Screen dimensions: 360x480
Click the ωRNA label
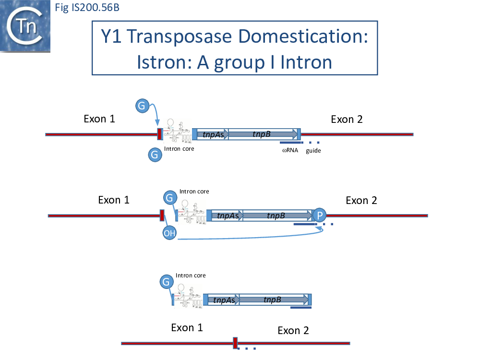tap(290, 150)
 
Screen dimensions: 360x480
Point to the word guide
tap(313, 151)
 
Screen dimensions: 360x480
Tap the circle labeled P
tap(319, 215)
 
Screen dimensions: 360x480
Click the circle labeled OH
tap(169, 233)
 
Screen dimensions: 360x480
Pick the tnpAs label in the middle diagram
tap(228, 216)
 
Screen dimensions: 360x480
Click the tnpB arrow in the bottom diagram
tap(274, 300)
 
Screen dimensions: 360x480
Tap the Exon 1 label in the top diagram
tap(99, 119)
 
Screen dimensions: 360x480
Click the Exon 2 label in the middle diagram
tap(361, 200)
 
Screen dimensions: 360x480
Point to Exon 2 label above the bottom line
tap(293, 330)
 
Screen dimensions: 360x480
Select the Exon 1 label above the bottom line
tap(187, 327)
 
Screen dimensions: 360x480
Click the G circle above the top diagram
tap(142, 106)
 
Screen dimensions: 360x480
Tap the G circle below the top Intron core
tap(154, 155)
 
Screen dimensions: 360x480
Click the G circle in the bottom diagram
tap(166, 282)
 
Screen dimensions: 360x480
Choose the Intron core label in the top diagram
tap(179, 149)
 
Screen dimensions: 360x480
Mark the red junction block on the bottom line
tap(235, 343)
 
